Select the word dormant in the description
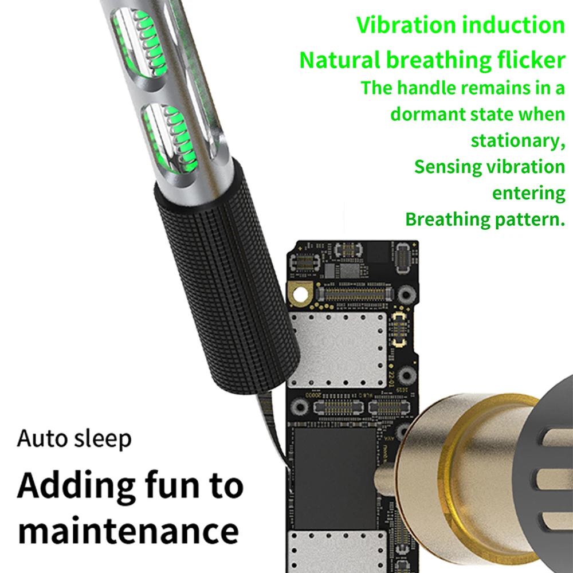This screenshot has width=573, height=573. (x=427, y=114)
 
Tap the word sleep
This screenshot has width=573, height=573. (x=103, y=439)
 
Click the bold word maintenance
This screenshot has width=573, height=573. (x=128, y=531)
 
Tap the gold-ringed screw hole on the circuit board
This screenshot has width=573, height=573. (x=300, y=293)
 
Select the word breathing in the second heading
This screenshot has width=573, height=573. (x=438, y=60)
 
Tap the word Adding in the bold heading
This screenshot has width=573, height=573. (x=76, y=486)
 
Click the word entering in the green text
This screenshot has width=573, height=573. (x=528, y=194)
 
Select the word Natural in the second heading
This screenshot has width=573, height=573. (x=340, y=60)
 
